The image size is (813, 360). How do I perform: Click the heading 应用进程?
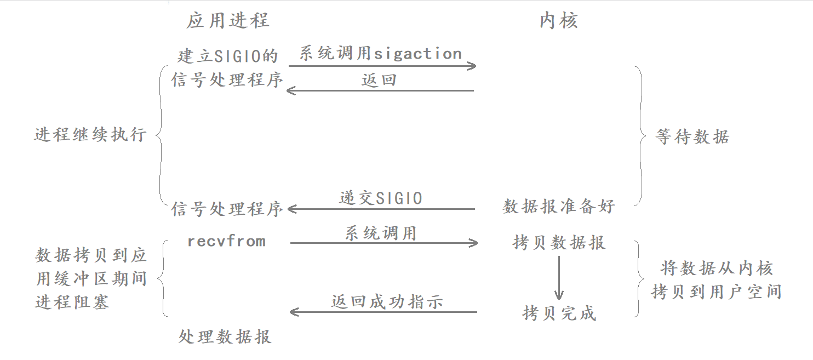(228, 21)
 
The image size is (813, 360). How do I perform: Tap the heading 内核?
(559, 21)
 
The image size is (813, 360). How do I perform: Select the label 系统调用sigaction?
(380, 54)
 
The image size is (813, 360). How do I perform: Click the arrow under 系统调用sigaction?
(382, 66)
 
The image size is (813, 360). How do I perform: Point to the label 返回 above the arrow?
(379, 80)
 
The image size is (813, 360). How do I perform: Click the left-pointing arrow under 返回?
(380, 91)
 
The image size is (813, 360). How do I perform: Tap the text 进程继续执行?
(90, 134)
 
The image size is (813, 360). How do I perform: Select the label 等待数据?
(692, 136)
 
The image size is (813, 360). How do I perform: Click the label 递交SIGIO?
(381, 198)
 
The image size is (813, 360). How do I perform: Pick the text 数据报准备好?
(559, 207)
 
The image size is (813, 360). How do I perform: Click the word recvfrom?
(226, 241)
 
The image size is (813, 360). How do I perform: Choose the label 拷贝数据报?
(559, 242)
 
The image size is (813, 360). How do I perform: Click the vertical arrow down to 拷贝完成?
(559, 277)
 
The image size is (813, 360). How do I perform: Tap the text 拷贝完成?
(559, 313)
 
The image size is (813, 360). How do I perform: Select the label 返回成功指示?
(387, 301)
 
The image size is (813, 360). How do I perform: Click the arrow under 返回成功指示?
(383, 312)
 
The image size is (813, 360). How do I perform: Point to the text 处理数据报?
(225, 336)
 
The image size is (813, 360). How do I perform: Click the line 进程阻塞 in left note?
(72, 302)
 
